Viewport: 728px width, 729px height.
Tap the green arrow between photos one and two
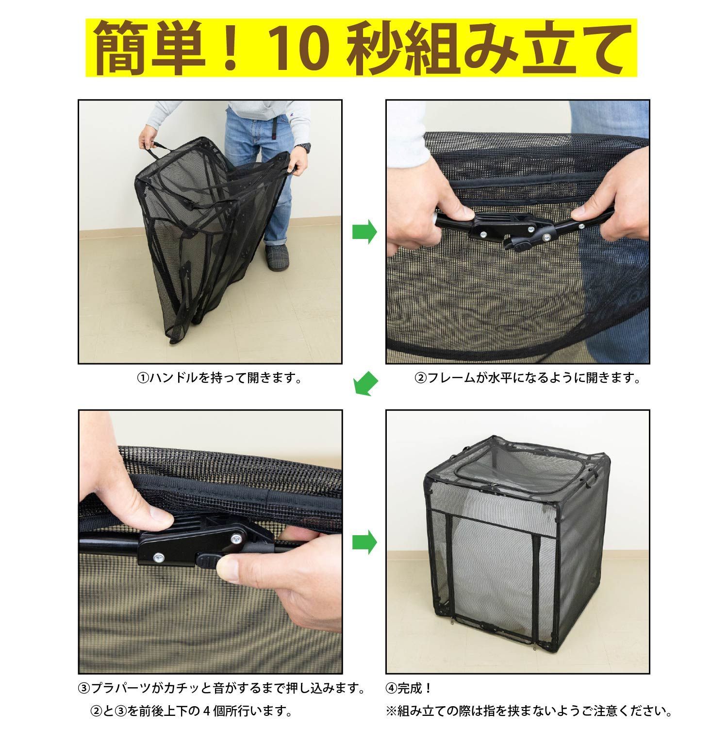364,232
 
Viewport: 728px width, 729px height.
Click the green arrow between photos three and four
364,542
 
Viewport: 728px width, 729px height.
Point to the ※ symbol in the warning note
391,712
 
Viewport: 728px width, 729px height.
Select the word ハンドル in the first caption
172,378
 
